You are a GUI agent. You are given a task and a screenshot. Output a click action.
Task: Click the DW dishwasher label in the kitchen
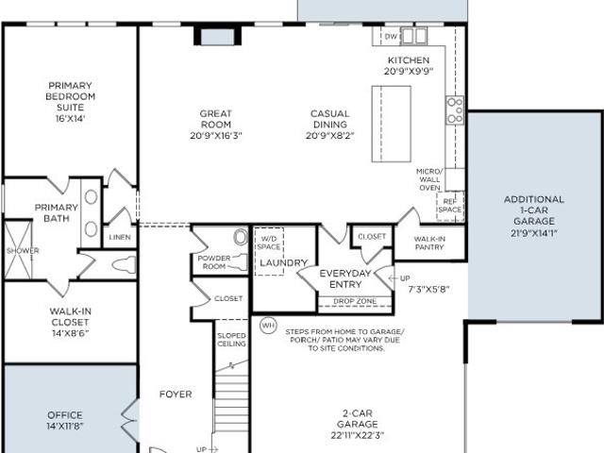click(391, 37)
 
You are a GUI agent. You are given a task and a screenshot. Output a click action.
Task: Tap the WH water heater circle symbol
click(268, 326)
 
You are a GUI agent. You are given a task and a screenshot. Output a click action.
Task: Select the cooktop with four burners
click(455, 110)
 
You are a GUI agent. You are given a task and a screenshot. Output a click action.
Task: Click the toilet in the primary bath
click(124, 265)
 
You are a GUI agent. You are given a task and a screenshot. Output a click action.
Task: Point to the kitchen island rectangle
click(392, 124)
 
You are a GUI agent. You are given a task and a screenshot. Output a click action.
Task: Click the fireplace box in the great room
click(218, 36)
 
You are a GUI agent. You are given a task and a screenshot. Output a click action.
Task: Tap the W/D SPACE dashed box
click(269, 251)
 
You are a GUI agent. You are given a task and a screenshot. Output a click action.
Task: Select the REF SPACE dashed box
click(450, 206)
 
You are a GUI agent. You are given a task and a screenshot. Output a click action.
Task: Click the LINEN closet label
click(120, 237)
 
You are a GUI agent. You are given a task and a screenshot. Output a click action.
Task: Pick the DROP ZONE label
click(355, 301)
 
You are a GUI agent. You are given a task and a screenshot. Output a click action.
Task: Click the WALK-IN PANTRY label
click(429, 243)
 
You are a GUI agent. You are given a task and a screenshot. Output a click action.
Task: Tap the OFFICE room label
click(65, 415)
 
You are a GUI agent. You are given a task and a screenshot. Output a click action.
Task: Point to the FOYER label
click(176, 394)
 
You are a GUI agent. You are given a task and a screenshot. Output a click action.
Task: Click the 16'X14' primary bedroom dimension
click(70, 118)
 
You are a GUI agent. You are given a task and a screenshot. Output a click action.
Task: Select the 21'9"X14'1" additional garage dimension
click(534, 233)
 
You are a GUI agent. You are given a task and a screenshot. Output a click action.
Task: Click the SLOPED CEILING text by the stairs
click(231, 340)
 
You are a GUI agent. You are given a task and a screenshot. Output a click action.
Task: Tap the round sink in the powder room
click(241, 237)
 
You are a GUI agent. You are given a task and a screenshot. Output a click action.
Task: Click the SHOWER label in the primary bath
click(23, 251)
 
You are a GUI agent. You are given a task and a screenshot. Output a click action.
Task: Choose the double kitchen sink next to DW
click(413, 36)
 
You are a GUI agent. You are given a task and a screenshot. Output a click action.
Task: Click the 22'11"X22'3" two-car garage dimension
click(358, 436)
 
